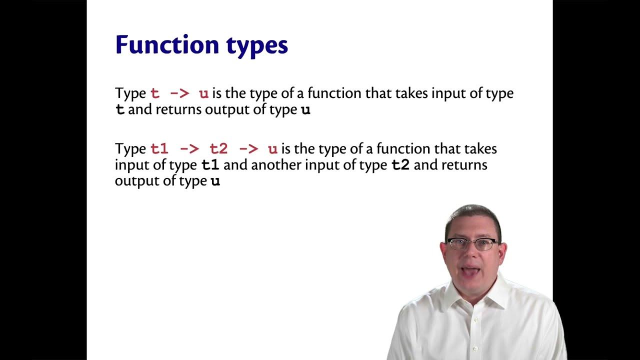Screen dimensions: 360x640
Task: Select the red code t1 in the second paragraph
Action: [x=159, y=149]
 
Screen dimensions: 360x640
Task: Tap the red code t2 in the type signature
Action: [x=218, y=149]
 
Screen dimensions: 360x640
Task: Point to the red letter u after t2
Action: [x=272, y=149]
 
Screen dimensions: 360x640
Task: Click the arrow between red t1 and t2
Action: [x=189, y=149]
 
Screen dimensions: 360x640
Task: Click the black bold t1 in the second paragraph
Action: [x=210, y=165]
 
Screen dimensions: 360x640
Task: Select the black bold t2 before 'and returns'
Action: [x=400, y=165]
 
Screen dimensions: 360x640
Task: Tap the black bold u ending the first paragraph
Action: [x=305, y=110]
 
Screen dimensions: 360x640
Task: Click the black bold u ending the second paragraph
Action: [x=215, y=181]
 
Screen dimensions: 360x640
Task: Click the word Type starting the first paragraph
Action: [x=130, y=94]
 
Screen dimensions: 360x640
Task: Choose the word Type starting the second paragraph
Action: [x=130, y=149]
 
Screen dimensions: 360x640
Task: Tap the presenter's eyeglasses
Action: [x=472, y=244]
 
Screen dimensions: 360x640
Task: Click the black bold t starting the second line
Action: [x=120, y=110]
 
